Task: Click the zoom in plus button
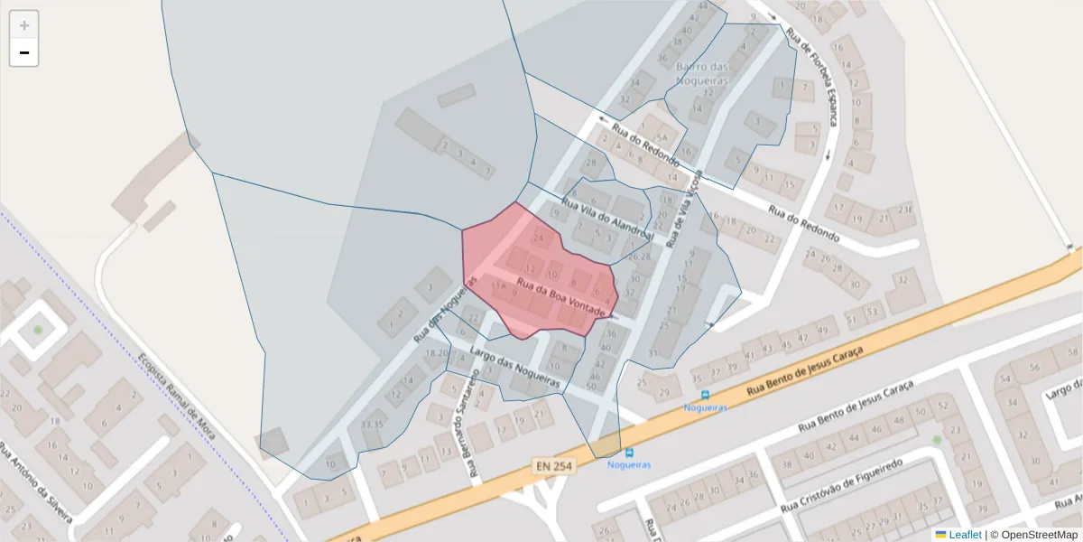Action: [24, 25]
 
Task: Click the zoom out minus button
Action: [24, 53]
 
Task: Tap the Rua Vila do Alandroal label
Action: [606, 217]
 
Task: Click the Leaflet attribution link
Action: [965, 535]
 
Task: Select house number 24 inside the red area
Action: [540, 239]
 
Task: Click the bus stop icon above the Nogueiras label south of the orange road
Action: [629, 452]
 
